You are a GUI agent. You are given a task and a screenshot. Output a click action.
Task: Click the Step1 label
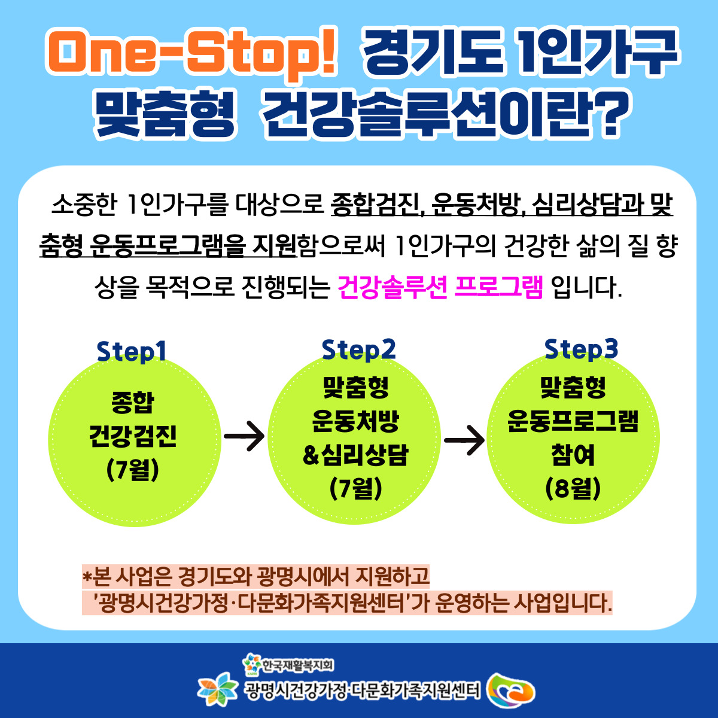pos(131,351)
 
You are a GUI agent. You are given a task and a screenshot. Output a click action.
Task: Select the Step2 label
pos(358,349)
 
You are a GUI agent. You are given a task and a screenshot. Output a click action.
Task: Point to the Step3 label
pos(581,349)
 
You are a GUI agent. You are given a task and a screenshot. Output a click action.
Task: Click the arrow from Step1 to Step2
pos(244,436)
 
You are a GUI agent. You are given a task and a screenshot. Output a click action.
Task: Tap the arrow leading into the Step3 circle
pos(464,440)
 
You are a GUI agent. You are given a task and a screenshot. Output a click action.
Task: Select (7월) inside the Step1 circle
pos(133,470)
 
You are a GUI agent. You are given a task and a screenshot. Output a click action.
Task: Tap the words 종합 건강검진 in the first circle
pos(133,419)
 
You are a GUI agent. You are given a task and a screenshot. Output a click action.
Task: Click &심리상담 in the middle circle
pos(356,455)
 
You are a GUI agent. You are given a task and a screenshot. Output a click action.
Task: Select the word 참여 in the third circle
pos(573,455)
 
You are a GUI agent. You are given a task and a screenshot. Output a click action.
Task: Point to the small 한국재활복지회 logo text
pos(298,665)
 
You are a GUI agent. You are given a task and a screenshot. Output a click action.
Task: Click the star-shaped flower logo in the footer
pos(217,689)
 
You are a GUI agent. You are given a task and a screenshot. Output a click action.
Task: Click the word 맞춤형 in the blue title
pos(166,114)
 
